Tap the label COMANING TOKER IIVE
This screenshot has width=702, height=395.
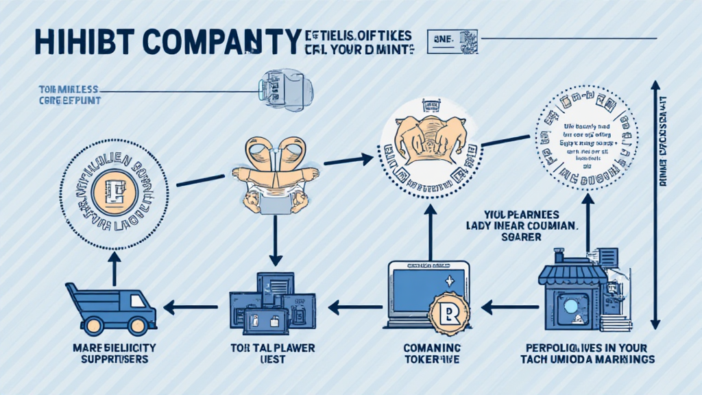click(x=430, y=354)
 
